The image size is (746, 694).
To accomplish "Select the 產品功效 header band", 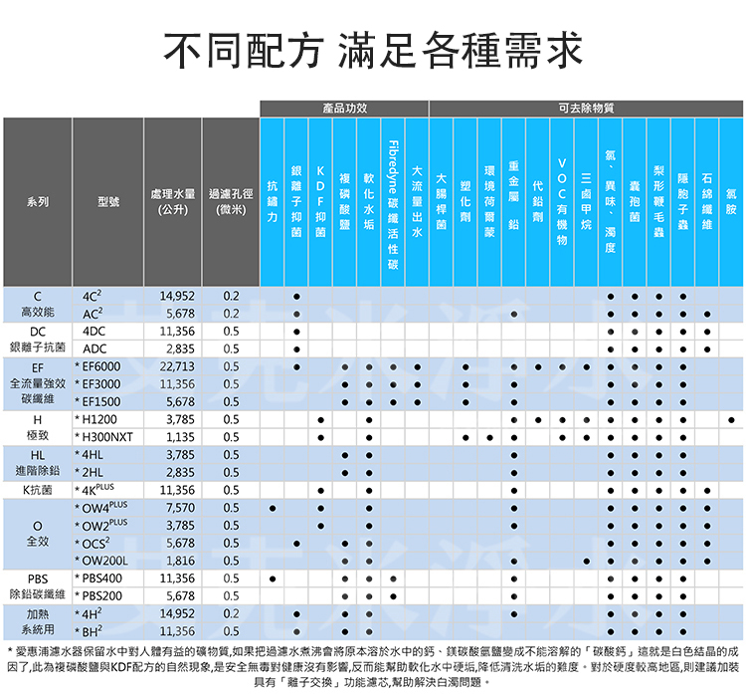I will pyautogui.click(x=344, y=108).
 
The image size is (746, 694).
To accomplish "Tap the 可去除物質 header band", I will pyautogui.click(x=586, y=108).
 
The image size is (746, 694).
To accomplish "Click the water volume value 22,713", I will pyautogui.click(x=176, y=366).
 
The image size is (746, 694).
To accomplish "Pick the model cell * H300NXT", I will pyautogui.click(x=105, y=437).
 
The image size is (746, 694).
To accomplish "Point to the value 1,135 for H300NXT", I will pyautogui.click(x=180, y=437).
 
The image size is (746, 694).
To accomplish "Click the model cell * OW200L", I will pyautogui.click(x=104, y=561).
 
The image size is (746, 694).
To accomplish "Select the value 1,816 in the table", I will pyautogui.click(x=180, y=561).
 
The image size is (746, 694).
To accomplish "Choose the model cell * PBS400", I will pyautogui.click(x=100, y=578).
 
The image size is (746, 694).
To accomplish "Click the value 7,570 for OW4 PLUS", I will pyautogui.click(x=180, y=508).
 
